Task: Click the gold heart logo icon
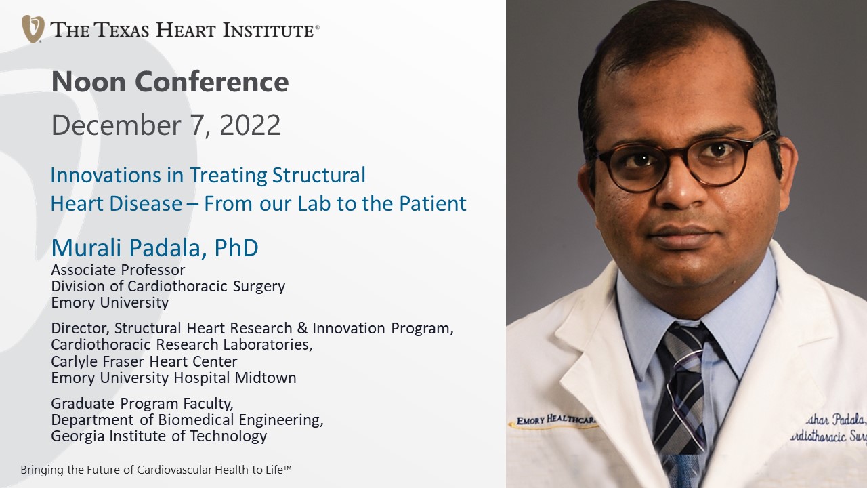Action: [x=33, y=28]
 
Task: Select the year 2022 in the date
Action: [x=250, y=125]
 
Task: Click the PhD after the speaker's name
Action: [x=236, y=248]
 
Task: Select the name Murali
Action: [x=87, y=248]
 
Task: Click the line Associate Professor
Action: [x=118, y=270]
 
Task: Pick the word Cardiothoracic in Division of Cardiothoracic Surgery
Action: [x=177, y=286]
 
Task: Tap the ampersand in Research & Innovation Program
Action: [x=302, y=329]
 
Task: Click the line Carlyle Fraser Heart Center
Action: [x=144, y=361]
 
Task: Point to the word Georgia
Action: [x=78, y=436]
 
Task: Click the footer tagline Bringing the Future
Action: [x=156, y=470]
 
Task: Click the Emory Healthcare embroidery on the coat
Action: [x=556, y=420]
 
